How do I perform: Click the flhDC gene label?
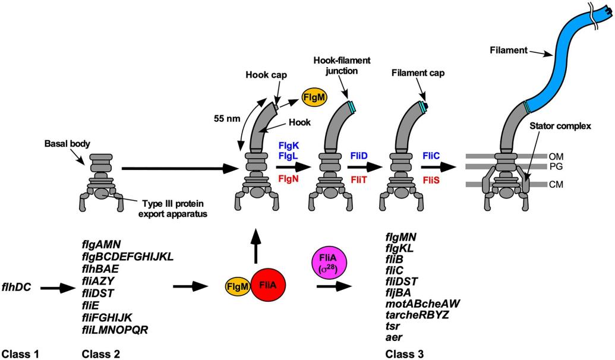click(x=19, y=288)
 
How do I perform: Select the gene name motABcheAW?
click(x=423, y=302)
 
